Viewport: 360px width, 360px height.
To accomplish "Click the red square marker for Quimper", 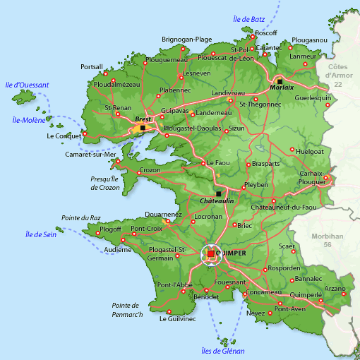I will click(x=210, y=253).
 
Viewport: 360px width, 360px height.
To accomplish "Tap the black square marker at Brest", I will click(x=143, y=128).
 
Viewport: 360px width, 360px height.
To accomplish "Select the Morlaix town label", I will click(x=282, y=88).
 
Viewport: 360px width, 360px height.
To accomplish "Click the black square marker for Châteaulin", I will click(x=218, y=193).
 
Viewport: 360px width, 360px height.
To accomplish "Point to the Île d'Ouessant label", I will click(x=25, y=85).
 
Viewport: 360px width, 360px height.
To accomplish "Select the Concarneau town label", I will click(x=266, y=292).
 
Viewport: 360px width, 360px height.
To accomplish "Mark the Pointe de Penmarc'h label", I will click(x=127, y=309).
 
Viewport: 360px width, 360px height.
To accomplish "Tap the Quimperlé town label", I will click(x=305, y=295).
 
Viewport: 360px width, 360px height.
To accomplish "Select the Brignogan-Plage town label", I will click(x=186, y=40).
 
